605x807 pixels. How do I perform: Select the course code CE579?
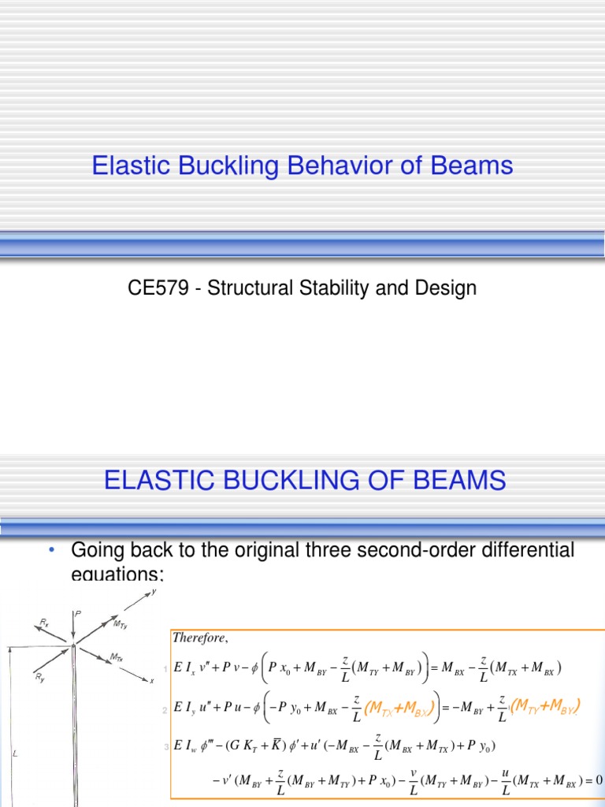point(152,288)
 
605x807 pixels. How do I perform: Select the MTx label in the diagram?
point(116,656)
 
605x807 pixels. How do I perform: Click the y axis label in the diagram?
point(153,593)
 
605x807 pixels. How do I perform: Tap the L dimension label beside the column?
point(15,754)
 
